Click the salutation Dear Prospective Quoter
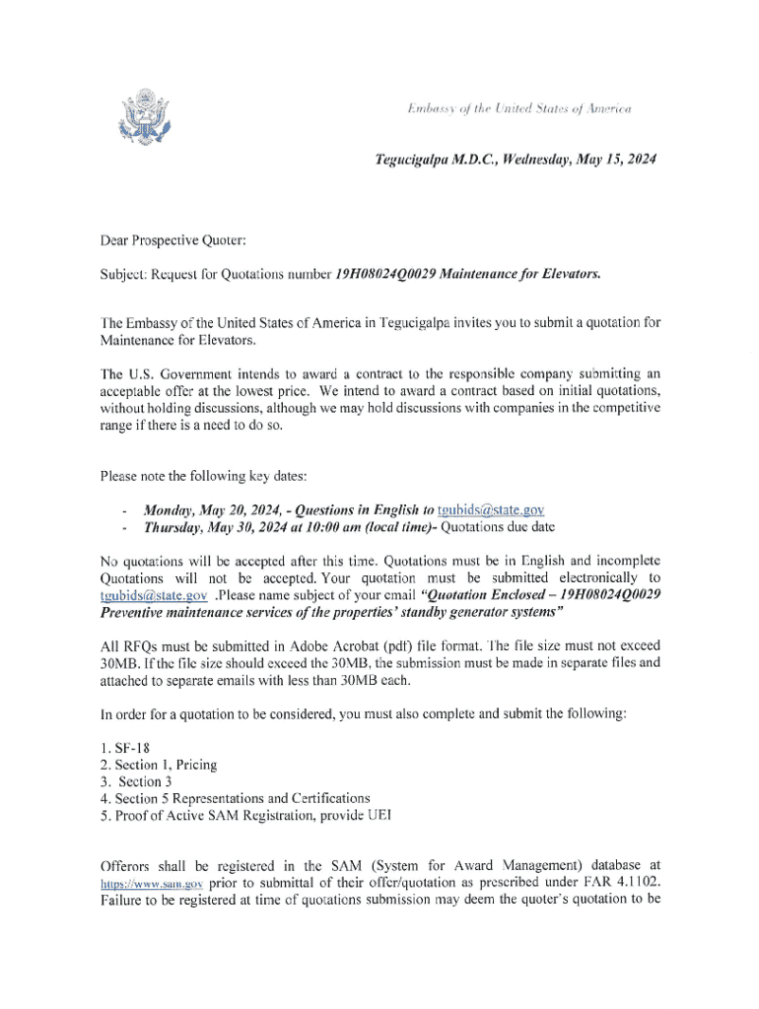tap(168, 237)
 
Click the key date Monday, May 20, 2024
tap(203, 510)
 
